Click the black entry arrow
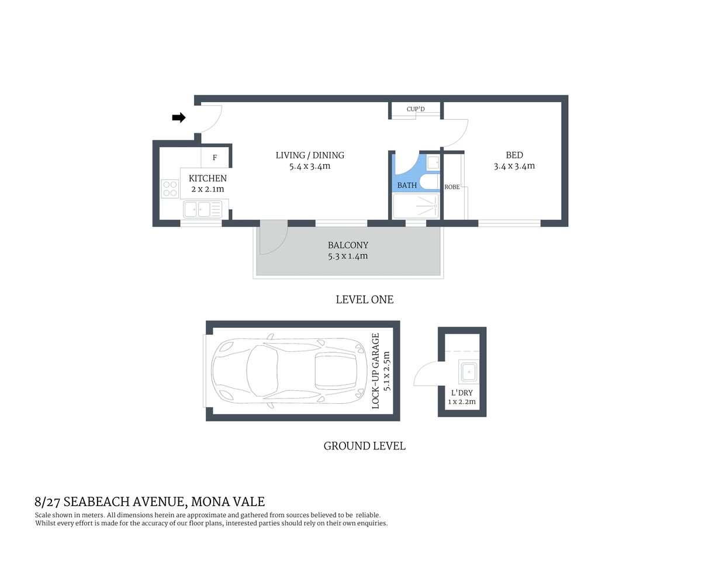coord(179,118)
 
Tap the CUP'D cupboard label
coord(416,109)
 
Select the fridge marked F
coord(215,158)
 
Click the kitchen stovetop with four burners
coord(170,189)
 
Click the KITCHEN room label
coord(208,178)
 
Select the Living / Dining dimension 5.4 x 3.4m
coord(310,167)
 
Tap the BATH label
coord(407,185)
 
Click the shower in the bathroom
coord(416,206)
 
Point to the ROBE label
coord(452,187)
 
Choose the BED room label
coord(514,155)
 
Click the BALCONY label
coord(348,245)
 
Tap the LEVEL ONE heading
coord(364,300)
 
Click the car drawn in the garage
coord(286,370)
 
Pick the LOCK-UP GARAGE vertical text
coord(376,370)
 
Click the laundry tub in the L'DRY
coord(468,372)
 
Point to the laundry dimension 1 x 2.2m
coord(462,402)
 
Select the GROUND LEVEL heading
coord(364,446)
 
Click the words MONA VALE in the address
coord(228,501)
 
